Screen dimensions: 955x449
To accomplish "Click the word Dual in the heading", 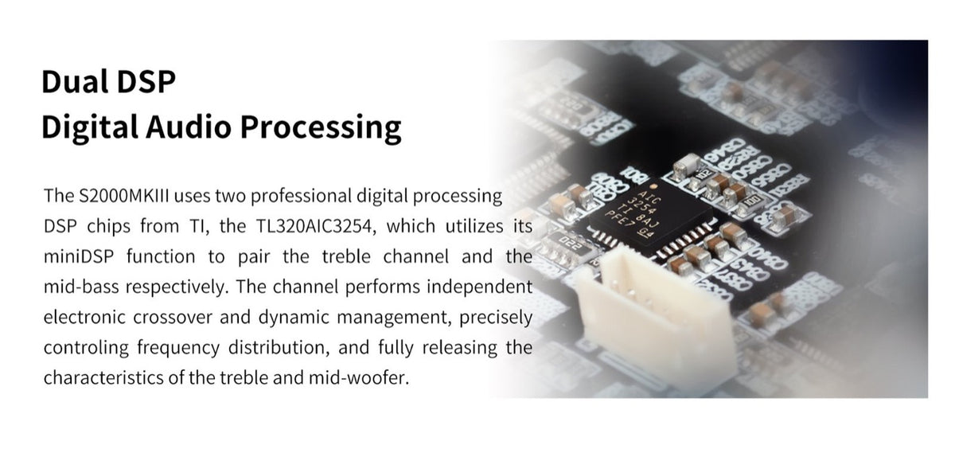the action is [x=74, y=81].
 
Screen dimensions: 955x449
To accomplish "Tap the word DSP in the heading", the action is [x=146, y=81].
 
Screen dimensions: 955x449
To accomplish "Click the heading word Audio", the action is [x=189, y=127].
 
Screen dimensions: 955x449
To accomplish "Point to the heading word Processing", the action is [x=321, y=127].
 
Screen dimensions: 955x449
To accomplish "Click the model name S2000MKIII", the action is [x=124, y=196].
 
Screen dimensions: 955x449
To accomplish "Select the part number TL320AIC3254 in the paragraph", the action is [x=315, y=226].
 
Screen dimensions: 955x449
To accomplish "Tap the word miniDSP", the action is [x=79, y=256].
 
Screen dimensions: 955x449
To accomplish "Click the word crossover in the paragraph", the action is [x=172, y=317].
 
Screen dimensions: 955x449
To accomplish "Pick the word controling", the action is [x=86, y=348].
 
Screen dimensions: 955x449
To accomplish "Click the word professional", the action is [x=300, y=197].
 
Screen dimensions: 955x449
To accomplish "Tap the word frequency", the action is [x=178, y=348].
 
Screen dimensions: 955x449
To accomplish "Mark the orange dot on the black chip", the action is [x=651, y=186].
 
